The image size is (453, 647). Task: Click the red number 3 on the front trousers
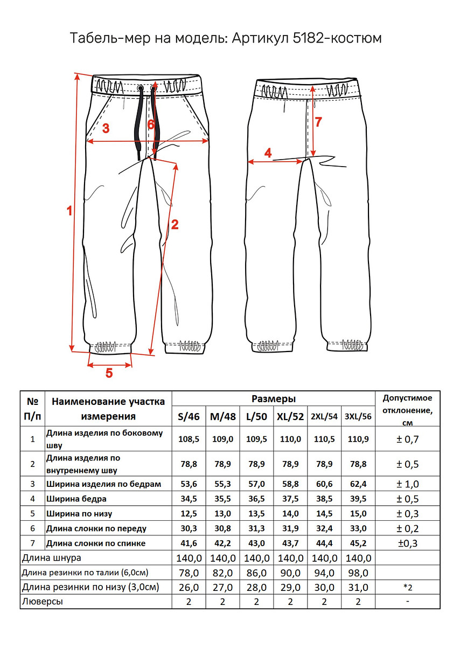[x=106, y=128]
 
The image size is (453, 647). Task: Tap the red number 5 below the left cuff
[x=109, y=373]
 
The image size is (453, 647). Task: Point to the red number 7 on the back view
[x=318, y=122]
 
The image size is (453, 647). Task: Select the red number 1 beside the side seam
[x=68, y=211]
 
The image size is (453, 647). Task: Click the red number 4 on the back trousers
[x=268, y=153]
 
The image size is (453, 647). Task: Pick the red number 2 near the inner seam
[x=174, y=225]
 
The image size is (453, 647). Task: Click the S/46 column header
[x=189, y=416]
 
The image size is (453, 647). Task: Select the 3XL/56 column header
[x=358, y=416]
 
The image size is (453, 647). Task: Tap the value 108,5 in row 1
[x=189, y=439]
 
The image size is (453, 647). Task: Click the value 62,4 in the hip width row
[x=358, y=484]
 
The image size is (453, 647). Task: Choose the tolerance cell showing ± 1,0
[x=407, y=484]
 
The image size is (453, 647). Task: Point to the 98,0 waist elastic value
[x=358, y=573]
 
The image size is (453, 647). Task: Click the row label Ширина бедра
[x=76, y=499]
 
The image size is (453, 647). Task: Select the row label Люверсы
[x=42, y=602]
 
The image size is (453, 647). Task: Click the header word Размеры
[x=273, y=399]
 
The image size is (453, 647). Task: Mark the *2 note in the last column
[x=407, y=587]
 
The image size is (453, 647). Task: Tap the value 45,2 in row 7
[x=358, y=543]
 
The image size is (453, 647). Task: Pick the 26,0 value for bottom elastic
[x=189, y=587]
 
